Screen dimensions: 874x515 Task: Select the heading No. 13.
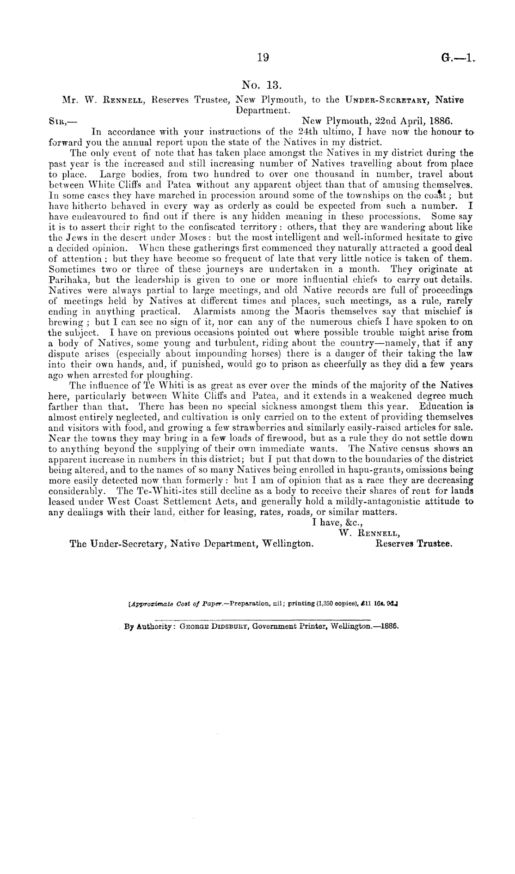point(262,85)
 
